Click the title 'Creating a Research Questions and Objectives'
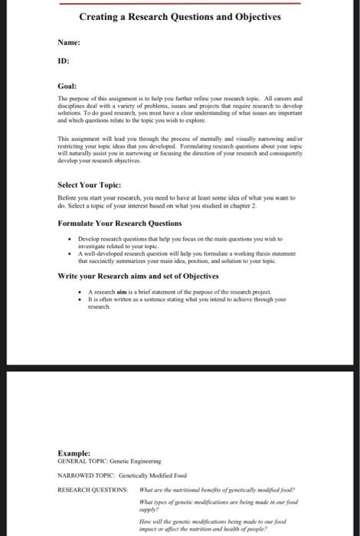[x=180, y=16]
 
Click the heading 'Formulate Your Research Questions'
[x=119, y=223]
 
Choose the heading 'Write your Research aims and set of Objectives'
[x=138, y=276]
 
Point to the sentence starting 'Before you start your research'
[x=198, y=197]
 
